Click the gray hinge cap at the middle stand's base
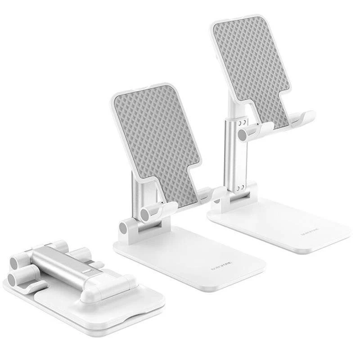tap(124, 228)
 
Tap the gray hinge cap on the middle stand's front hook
tap(146, 214)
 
